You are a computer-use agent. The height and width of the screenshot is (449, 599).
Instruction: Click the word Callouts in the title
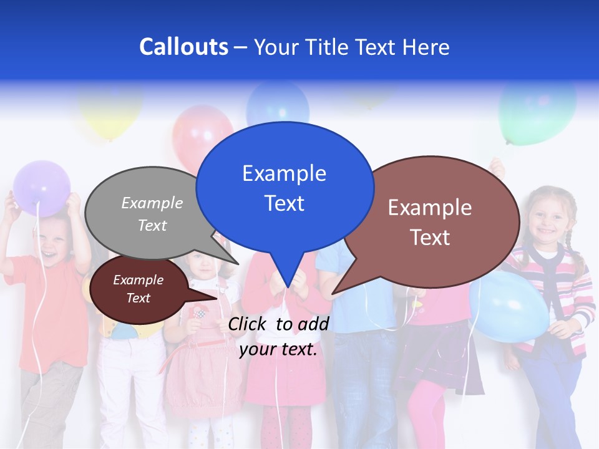pos(183,47)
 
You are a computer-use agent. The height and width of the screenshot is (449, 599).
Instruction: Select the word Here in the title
pos(426,47)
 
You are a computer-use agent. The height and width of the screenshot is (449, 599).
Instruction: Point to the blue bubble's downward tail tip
pos(287,287)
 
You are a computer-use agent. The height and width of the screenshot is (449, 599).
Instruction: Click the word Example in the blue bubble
pos(284,173)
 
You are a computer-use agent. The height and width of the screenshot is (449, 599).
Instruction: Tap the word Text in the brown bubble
pos(430,238)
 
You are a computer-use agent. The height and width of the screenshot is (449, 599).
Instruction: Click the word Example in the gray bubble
pos(152,203)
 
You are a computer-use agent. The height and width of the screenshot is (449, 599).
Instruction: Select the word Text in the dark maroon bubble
pos(138,298)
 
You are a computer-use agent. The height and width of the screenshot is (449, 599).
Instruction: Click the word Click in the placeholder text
pos(248,324)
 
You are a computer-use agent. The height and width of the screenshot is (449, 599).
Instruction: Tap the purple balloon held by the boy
pos(42,188)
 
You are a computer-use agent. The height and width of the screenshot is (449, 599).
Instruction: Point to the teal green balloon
pos(537,112)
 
